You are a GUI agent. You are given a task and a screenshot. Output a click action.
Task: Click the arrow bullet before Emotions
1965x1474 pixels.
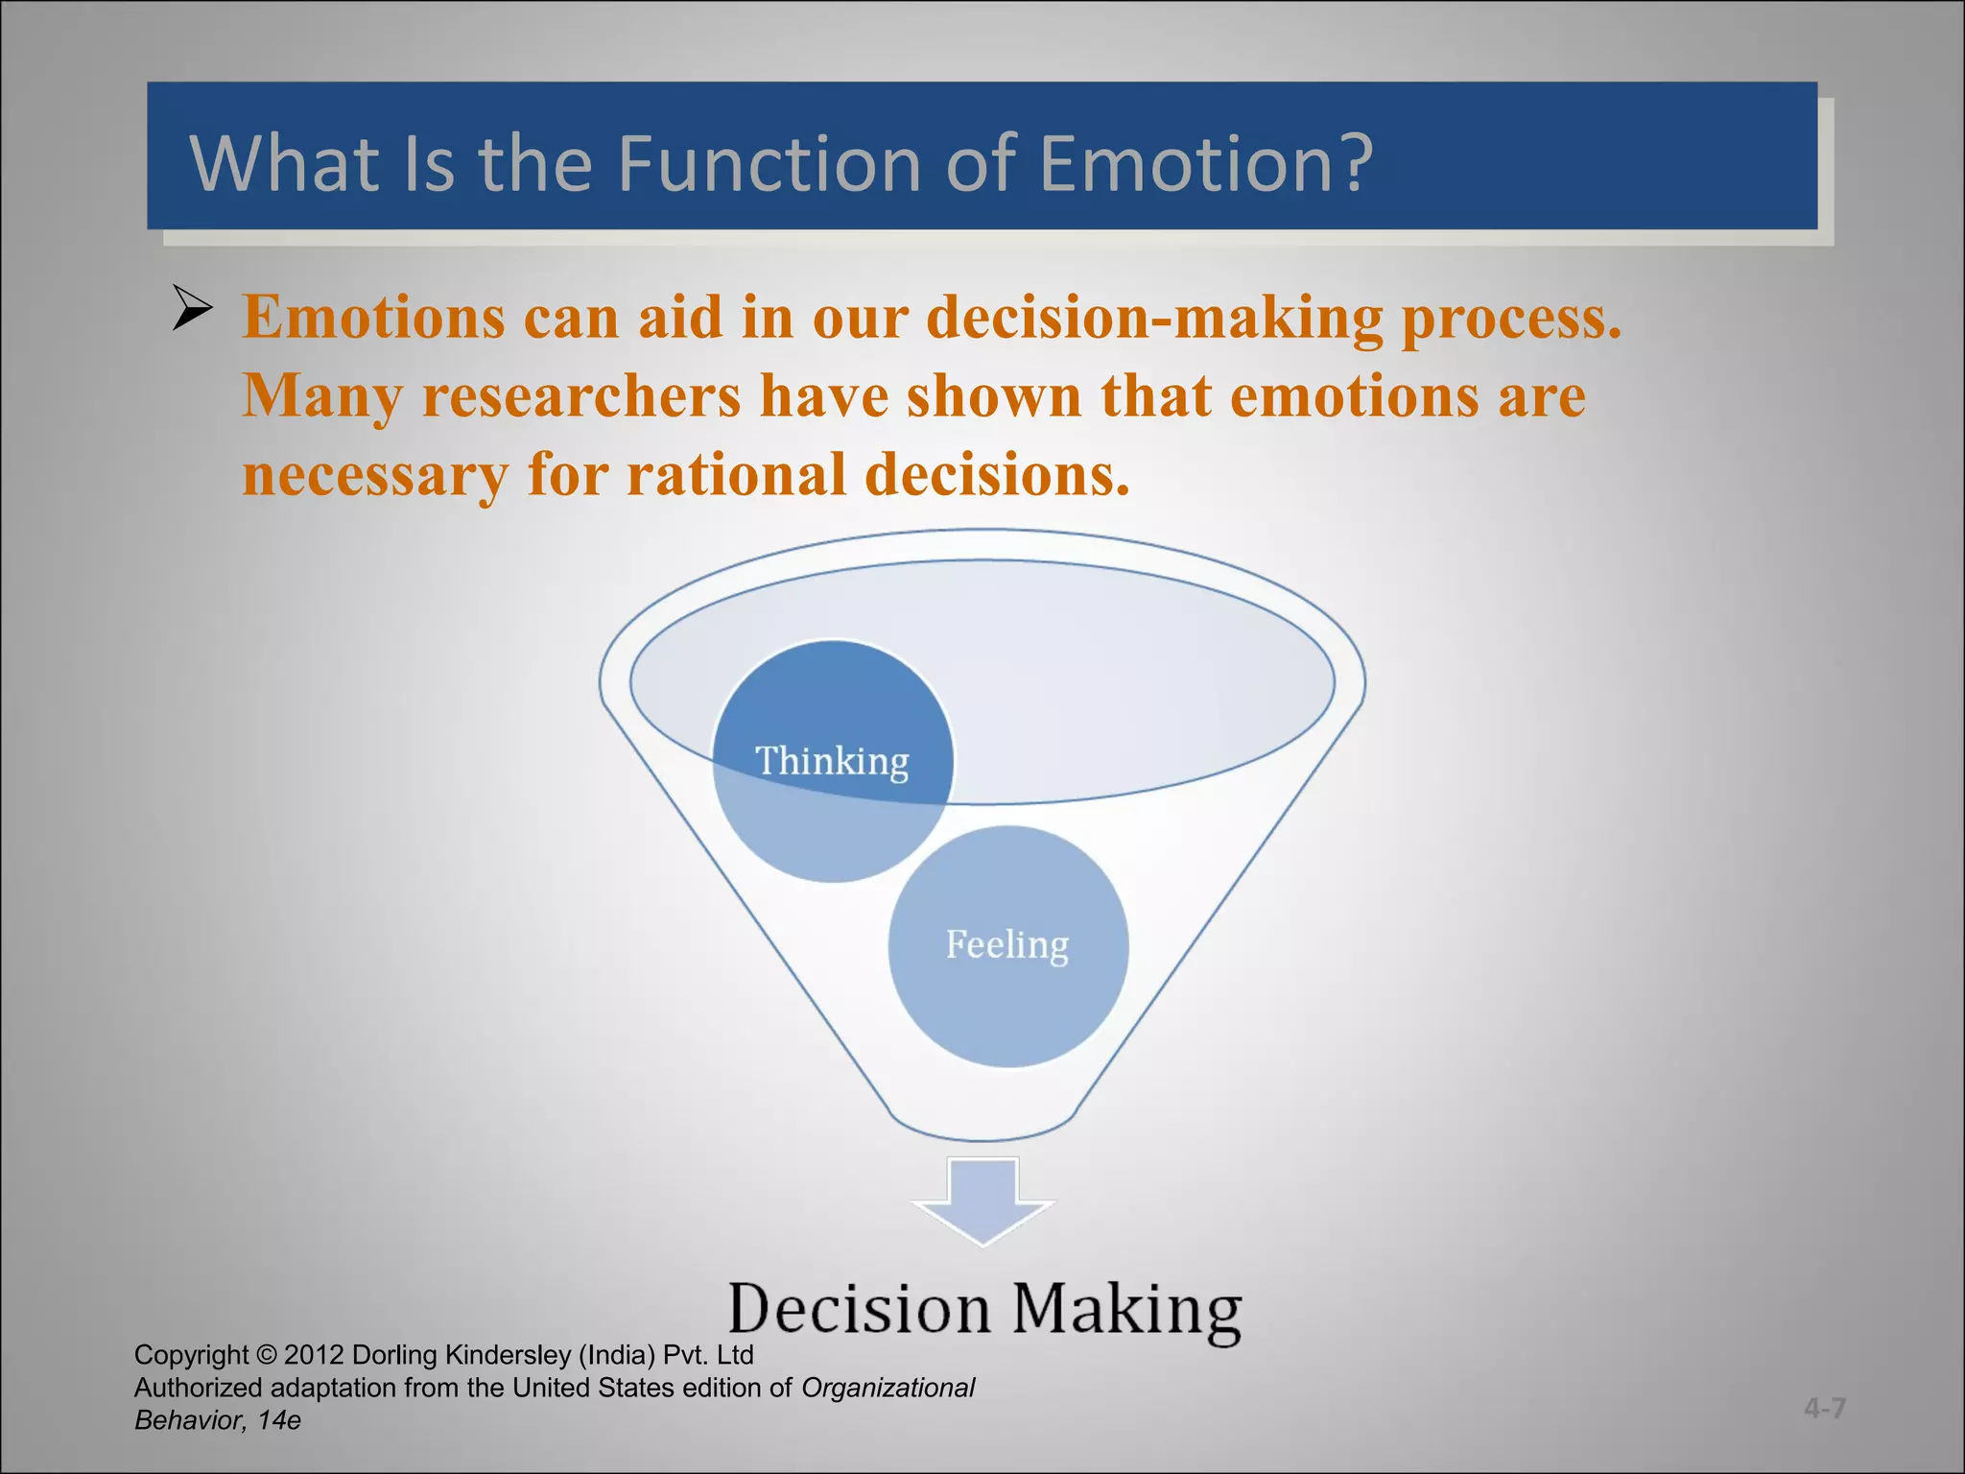(192, 309)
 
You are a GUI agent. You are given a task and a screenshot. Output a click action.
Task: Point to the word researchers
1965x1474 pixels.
(581, 396)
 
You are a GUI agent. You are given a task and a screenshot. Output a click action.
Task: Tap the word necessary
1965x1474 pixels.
(375, 476)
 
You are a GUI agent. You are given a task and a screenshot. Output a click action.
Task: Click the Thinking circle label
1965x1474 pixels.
(832, 761)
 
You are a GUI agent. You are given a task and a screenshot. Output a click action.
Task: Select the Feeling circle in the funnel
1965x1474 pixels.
(1007, 945)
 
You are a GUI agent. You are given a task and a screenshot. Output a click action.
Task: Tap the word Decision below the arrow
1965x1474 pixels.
(860, 1309)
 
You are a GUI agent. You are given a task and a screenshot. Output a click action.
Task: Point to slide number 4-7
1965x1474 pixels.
(1824, 1408)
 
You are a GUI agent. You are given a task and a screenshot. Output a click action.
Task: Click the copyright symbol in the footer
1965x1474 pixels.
(267, 1355)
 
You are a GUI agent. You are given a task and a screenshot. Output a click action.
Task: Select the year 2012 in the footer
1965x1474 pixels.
(314, 1355)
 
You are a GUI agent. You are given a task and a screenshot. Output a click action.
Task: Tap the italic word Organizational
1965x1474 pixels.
(888, 1388)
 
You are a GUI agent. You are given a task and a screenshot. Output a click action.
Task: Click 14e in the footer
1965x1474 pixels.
(279, 1420)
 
